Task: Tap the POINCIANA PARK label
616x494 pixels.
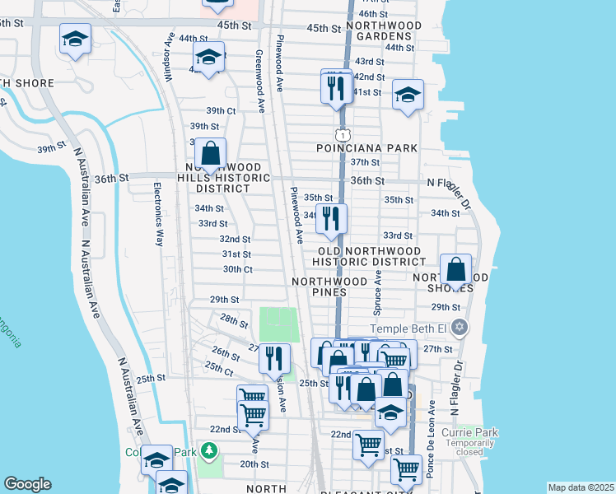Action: click(367, 147)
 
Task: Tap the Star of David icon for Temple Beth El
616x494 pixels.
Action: click(460, 328)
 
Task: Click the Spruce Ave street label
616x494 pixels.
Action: click(378, 291)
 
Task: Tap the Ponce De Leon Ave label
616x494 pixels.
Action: click(430, 453)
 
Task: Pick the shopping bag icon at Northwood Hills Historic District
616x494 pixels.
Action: click(211, 153)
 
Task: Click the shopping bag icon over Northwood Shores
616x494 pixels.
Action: click(455, 269)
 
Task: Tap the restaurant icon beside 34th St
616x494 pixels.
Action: click(331, 218)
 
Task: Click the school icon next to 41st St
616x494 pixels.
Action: click(407, 95)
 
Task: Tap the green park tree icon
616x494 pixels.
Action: click(210, 450)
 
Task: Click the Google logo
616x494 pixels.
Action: click(28, 484)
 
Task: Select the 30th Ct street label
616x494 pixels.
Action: click(237, 269)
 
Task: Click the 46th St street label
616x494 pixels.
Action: click(373, 14)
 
